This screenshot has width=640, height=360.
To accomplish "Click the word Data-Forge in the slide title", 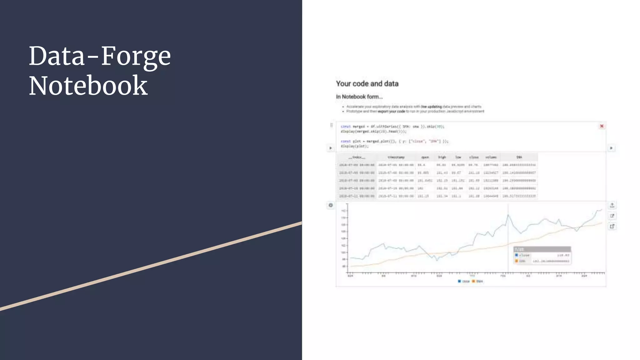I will point(100,56).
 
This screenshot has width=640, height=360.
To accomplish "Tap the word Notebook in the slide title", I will point(88,86).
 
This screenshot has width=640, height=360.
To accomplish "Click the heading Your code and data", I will point(367,84).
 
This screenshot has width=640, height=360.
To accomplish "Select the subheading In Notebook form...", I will point(359,97).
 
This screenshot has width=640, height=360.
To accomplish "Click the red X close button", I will point(602,126).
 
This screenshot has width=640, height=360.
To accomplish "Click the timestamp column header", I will point(396,157).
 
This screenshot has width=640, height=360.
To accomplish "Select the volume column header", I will point(491,157).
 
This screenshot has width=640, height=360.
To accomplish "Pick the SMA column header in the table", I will point(519,157).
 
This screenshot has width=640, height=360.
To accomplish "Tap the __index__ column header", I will point(357,157).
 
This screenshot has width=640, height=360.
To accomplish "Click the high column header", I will point(442,157).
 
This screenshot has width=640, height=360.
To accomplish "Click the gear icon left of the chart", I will point(331,205).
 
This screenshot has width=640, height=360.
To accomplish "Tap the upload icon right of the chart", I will point(612,205).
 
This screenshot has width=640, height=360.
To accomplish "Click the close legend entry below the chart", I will point(464,281).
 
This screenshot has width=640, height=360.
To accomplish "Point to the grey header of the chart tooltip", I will point(542,249).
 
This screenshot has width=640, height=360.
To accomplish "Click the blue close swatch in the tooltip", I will point(517,255).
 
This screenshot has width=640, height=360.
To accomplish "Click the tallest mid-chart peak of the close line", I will point(508,215).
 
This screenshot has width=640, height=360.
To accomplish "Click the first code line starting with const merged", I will point(392,127).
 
